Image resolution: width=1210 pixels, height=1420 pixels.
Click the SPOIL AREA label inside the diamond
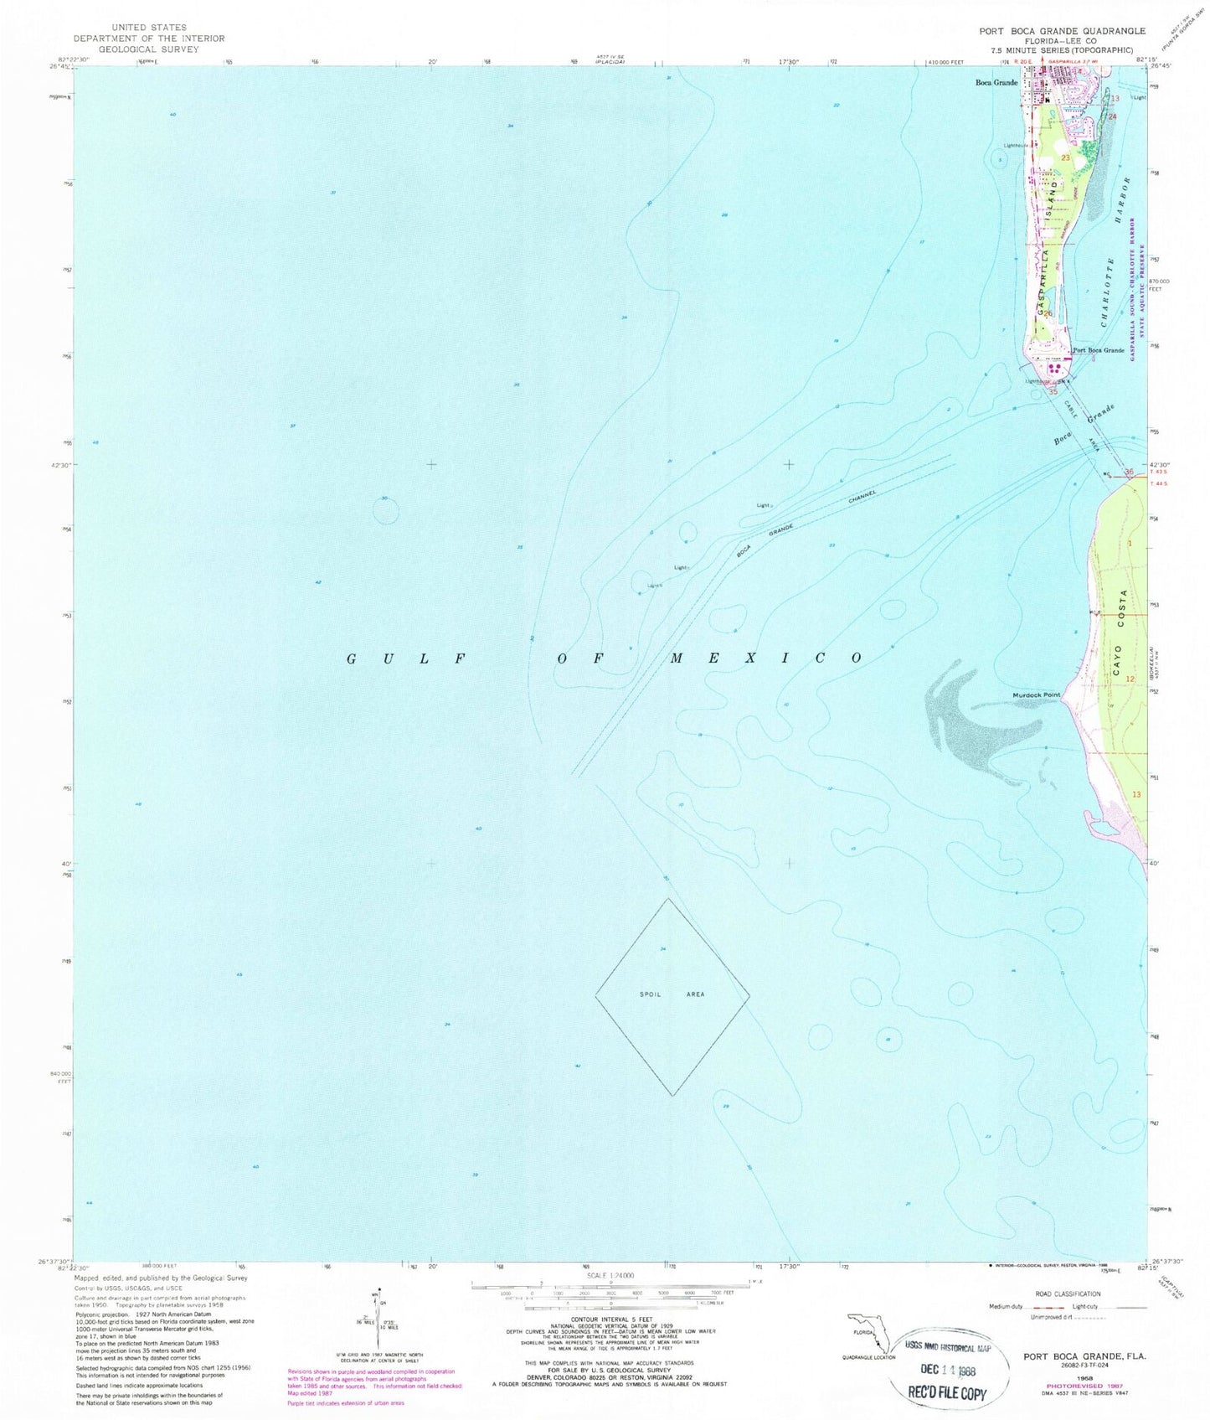[672, 994]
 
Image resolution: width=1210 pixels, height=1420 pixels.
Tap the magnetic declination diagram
[380, 1319]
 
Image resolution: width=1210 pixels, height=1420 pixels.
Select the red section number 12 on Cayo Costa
[1130, 679]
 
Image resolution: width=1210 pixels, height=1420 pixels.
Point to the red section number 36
[1129, 472]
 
